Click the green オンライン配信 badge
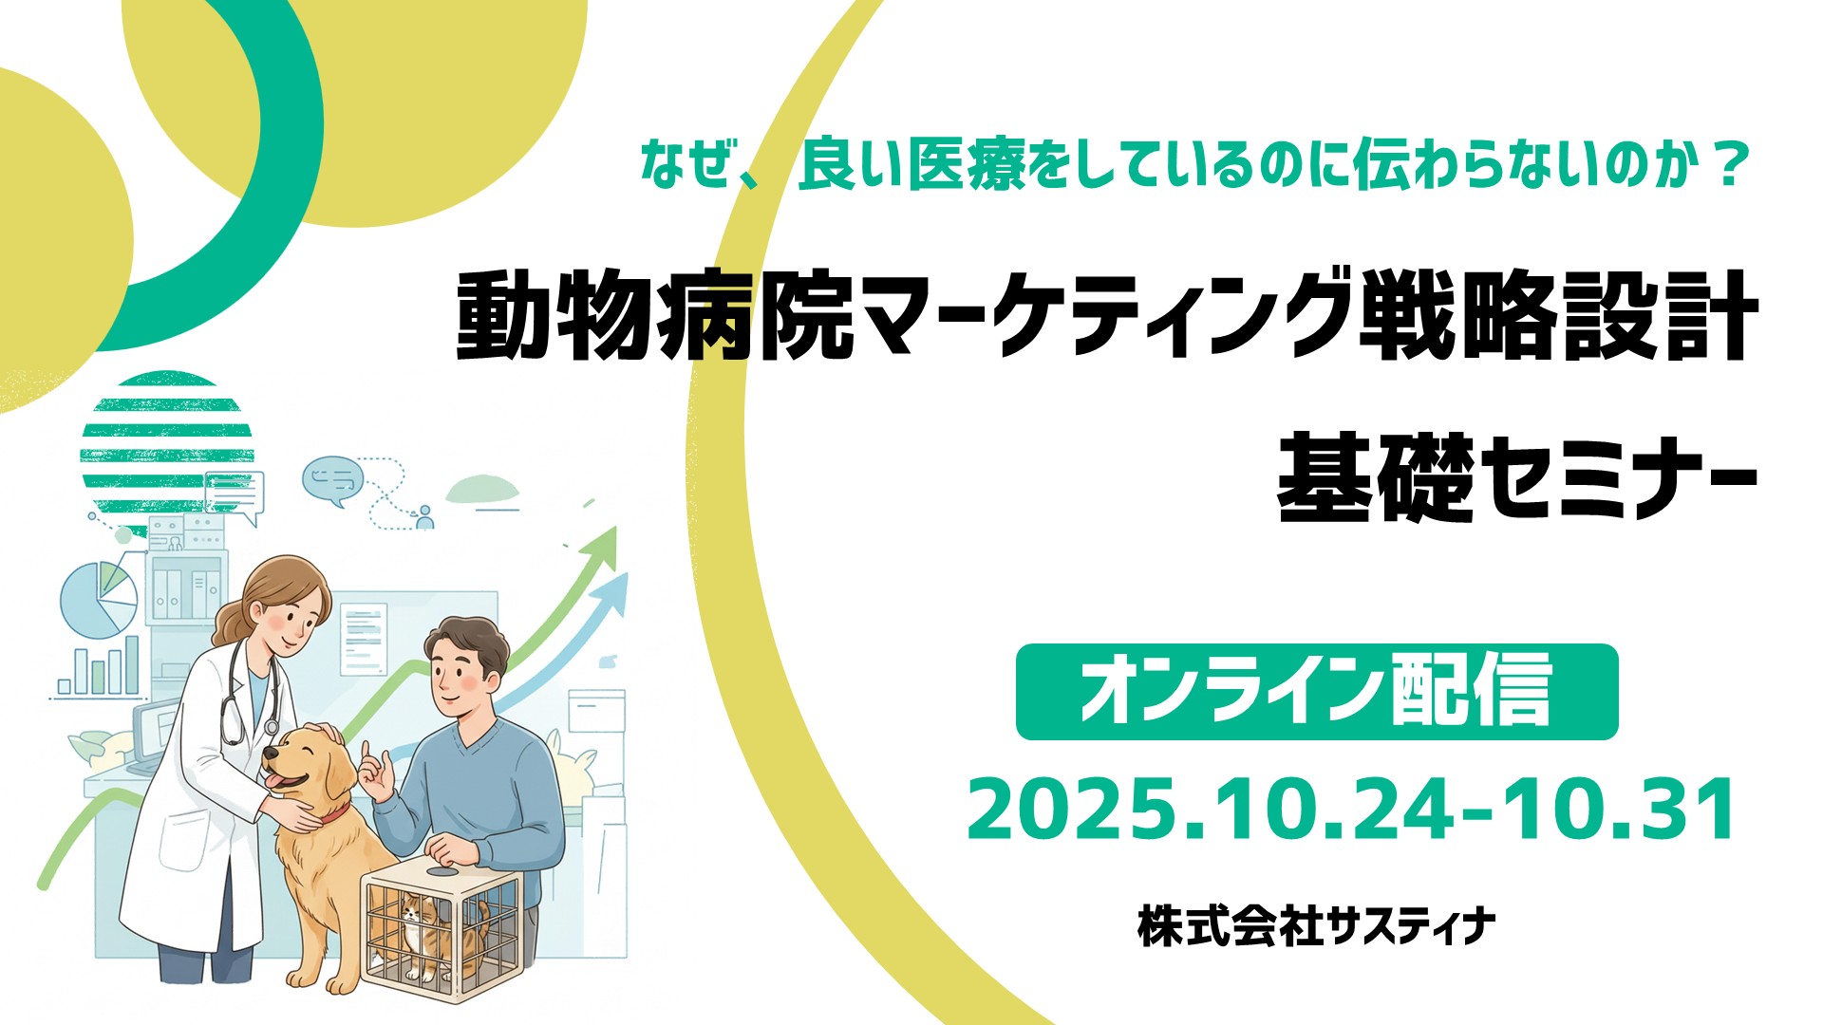(1317, 692)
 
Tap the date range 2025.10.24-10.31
(1351, 811)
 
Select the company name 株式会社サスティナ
(1316, 926)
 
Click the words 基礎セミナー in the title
(1517, 477)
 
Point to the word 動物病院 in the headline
(656, 316)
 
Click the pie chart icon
(99, 600)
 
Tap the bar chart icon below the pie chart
(97, 667)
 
